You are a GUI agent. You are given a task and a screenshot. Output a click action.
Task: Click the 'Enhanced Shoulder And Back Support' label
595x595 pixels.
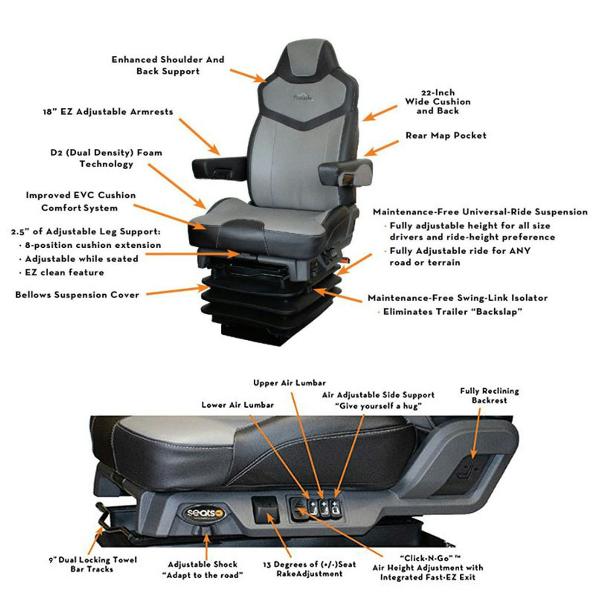[168, 66]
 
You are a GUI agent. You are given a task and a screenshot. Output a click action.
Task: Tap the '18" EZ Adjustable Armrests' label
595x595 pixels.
[108, 112]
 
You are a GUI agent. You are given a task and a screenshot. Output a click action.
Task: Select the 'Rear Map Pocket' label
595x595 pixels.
[446, 136]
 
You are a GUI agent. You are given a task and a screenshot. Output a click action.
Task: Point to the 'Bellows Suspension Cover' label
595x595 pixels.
[77, 295]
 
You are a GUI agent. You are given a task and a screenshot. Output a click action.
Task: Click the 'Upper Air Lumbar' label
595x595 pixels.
[290, 383]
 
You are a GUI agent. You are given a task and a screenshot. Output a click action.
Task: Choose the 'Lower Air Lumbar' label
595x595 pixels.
[238, 405]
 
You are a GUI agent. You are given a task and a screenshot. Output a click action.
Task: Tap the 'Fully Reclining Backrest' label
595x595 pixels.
[489, 396]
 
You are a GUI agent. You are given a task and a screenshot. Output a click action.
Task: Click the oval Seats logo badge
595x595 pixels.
[205, 513]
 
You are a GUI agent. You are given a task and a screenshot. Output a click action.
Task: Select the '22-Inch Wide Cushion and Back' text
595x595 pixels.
[437, 102]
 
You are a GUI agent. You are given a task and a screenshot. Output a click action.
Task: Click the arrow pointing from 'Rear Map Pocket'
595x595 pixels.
[381, 147]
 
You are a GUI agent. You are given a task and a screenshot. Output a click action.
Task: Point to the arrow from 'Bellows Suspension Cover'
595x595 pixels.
[177, 291]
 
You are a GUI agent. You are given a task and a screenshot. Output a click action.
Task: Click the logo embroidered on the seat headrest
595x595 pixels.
[303, 98]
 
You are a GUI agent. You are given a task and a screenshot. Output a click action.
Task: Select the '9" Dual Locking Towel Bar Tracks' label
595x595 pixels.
[93, 564]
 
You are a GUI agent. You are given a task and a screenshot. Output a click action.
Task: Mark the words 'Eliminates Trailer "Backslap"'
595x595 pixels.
[452, 312]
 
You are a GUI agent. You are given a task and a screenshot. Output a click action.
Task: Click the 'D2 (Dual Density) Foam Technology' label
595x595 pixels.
[106, 158]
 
